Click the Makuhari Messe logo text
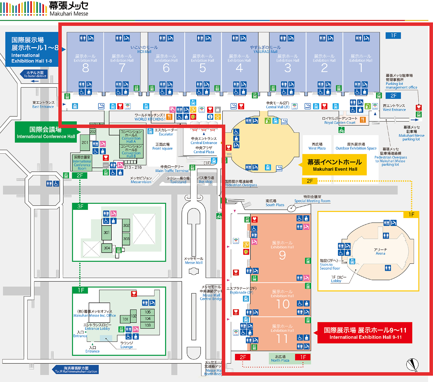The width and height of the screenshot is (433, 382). point(69,9)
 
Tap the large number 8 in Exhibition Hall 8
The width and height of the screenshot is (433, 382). point(85,68)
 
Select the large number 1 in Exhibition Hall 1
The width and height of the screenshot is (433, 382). point(361,68)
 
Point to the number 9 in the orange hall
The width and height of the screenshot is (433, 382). point(282,255)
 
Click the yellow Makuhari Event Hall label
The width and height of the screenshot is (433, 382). point(335,165)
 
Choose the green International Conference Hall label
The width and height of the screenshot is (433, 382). point(46,133)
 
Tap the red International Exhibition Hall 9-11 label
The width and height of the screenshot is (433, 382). point(365,333)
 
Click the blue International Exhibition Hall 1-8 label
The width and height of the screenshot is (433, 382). point(32,50)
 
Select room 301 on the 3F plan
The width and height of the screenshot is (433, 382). point(107,232)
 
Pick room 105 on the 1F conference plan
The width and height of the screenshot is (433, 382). point(148,312)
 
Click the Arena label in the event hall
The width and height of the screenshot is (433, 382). point(380,251)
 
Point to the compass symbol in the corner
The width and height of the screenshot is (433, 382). point(412,364)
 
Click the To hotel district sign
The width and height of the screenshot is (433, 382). point(35,74)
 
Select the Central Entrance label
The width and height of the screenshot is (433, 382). point(204,141)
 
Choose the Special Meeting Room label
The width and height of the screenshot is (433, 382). point(312,199)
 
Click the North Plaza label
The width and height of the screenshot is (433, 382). point(280,359)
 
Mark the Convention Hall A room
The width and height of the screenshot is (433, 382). point(131,136)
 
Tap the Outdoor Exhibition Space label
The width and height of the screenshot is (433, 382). point(356,146)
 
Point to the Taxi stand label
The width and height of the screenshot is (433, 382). point(178,180)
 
